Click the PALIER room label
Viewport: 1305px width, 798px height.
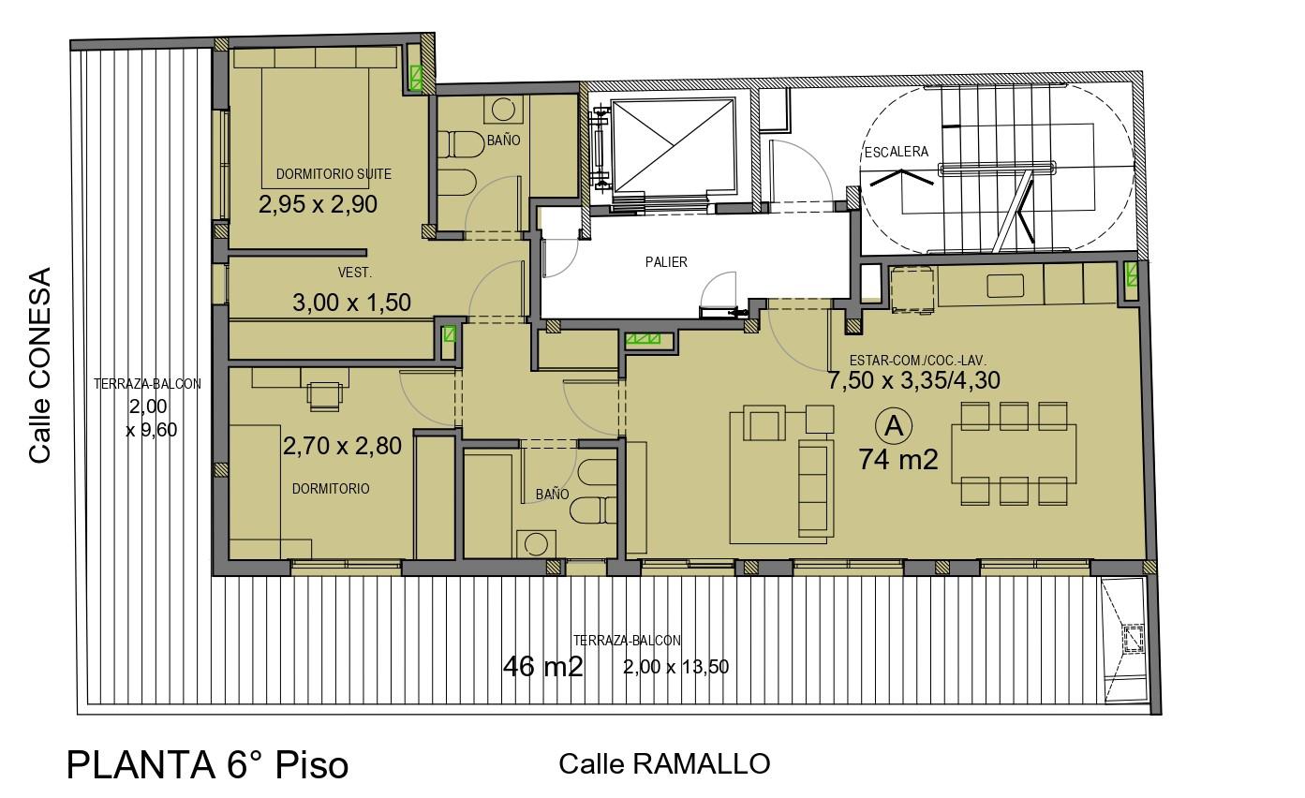666,262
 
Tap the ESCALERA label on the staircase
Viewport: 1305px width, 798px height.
896,152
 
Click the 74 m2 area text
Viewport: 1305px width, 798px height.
897,460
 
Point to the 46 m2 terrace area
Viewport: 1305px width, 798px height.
542,666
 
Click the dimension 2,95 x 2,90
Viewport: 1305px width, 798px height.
318,204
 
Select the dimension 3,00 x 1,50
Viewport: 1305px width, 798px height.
351,303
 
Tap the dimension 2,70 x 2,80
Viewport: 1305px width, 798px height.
342,446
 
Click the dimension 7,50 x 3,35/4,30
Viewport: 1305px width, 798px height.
913,380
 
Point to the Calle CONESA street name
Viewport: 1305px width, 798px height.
40,365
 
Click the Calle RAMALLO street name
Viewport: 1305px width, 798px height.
664,764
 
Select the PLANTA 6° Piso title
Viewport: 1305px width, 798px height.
207,765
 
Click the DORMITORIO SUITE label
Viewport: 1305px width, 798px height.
334,174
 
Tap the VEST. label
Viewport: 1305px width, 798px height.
354,273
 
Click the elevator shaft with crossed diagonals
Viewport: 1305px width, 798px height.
673,145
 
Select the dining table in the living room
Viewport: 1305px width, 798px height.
1014,453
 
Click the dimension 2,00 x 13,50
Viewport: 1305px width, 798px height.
675,667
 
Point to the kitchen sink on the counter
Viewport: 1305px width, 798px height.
1005,286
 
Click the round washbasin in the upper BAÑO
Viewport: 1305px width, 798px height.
503,109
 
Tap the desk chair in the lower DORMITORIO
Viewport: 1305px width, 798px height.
324,396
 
